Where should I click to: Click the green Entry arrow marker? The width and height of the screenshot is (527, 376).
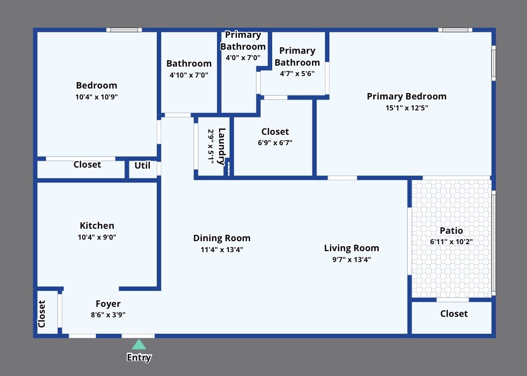pyautogui.click(x=139, y=344)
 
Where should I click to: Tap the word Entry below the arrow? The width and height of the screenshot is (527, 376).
pyautogui.click(x=139, y=357)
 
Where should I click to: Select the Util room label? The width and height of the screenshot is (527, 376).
pyautogui.click(x=142, y=166)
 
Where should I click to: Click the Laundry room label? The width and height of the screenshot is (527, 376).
pyautogui.click(x=221, y=147)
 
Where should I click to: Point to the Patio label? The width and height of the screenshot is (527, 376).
pyautogui.click(x=451, y=231)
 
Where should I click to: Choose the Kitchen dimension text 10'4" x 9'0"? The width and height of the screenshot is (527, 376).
pyautogui.click(x=97, y=238)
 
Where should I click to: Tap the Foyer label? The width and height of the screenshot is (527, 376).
pyautogui.click(x=108, y=304)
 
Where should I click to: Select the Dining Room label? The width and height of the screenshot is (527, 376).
pyautogui.click(x=221, y=238)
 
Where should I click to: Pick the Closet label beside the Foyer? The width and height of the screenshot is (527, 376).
pyautogui.click(x=42, y=314)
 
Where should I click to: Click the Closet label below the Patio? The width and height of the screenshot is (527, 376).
pyautogui.click(x=454, y=314)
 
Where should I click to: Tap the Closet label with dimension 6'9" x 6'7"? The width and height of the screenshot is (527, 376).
pyautogui.click(x=275, y=132)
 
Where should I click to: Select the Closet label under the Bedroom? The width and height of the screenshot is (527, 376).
pyautogui.click(x=87, y=165)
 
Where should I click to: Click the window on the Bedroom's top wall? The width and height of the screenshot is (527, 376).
pyautogui.click(x=124, y=30)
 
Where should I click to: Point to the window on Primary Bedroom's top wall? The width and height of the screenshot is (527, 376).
pyautogui.click(x=455, y=30)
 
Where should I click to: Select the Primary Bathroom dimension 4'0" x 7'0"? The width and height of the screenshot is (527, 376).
pyautogui.click(x=243, y=58)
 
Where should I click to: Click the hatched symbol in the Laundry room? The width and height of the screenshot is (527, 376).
pyautogui.click(x=228, y=168)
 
